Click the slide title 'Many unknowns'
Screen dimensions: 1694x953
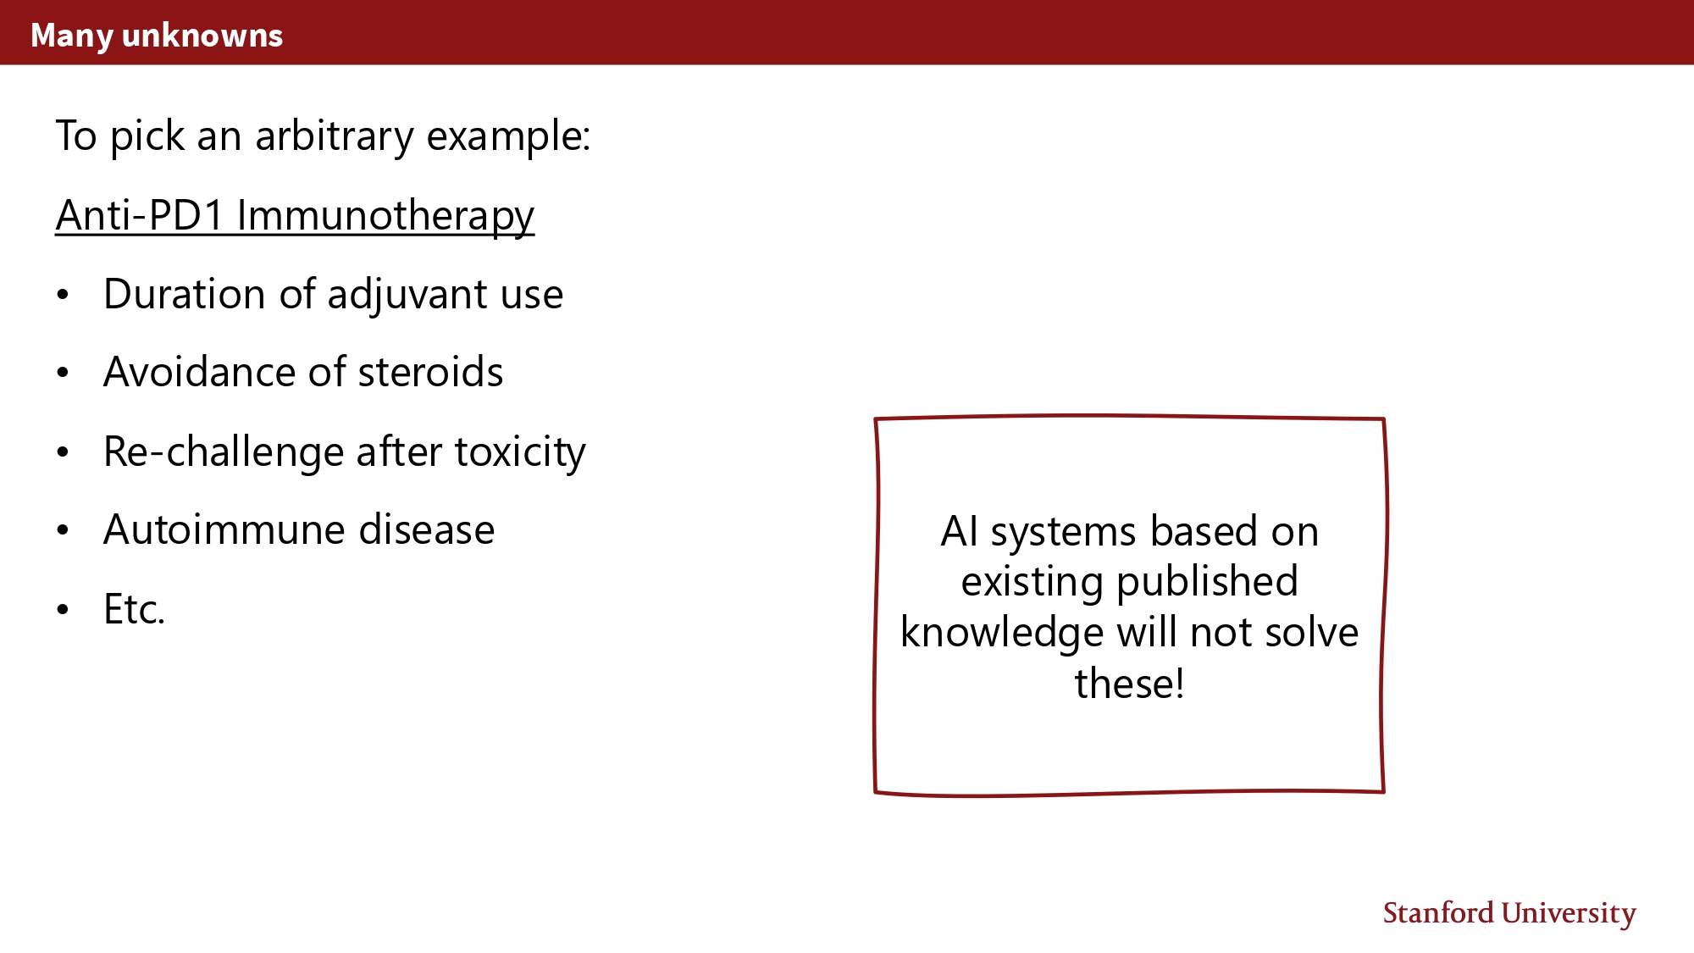pos(157,36)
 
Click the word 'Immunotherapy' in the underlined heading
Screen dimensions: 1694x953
pos(385,215)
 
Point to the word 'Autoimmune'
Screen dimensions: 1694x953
pos(224,529)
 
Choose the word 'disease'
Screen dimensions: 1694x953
pos(427,529)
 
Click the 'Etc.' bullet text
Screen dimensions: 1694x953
pos(134,609)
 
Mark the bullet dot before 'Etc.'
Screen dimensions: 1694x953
pos(63,609)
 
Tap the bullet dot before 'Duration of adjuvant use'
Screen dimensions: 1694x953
pos(63,295)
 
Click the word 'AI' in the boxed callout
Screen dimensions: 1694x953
pos(960,532)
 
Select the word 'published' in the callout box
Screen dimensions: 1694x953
pos(1207,583)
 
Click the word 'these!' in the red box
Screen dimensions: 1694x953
pos(1130,684)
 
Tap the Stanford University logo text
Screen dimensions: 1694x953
pos(1509,913)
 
